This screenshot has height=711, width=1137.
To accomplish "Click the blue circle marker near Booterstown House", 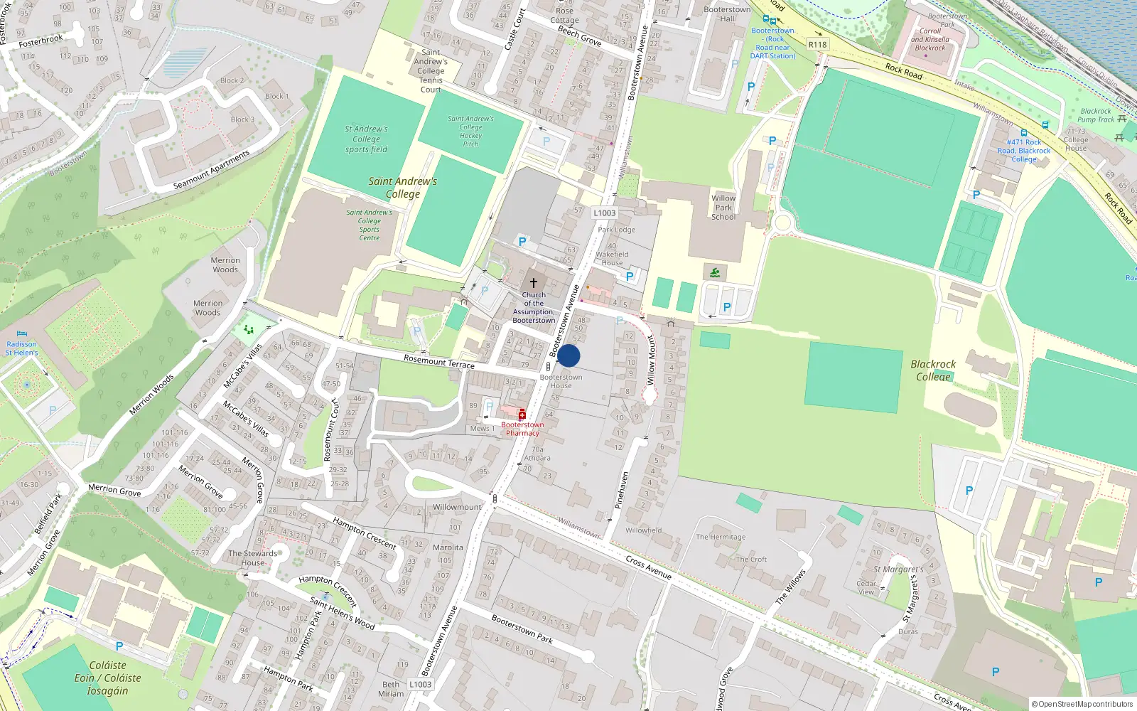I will [x=568, y=356].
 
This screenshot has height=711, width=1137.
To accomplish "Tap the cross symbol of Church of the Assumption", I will [x=534, y=283].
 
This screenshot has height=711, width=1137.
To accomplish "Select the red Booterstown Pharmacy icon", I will [x=522, y=415].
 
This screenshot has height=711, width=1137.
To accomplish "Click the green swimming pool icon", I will [x=715, y=272].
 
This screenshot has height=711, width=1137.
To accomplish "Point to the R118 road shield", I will [x=818, y=44].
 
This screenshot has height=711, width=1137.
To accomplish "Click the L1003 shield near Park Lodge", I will [x=604, y=213].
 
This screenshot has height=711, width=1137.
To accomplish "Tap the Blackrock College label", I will [x=933, y=370].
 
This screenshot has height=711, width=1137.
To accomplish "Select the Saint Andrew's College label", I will [x=402, y=188].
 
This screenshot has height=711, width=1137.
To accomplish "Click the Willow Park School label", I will [x=723, y=208].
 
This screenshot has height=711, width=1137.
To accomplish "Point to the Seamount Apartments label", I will [x=212, y=170].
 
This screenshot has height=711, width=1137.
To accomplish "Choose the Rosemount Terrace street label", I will [x=438, y=361].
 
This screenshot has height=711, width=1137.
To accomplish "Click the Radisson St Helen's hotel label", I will [x=21, y=348].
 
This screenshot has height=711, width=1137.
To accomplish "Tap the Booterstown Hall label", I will [x=727, y=14].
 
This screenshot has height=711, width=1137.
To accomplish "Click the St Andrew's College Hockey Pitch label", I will [x=470, y=131].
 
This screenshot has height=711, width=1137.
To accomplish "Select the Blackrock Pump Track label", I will [x=1096, y=115].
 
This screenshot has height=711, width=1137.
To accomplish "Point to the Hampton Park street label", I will [x=288, y=678].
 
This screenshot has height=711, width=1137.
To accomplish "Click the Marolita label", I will [x=448, y=547].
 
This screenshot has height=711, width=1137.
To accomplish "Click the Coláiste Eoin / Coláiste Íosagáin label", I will [x=107, y=678].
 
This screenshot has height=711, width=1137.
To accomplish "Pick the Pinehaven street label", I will [x=621, y=489].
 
